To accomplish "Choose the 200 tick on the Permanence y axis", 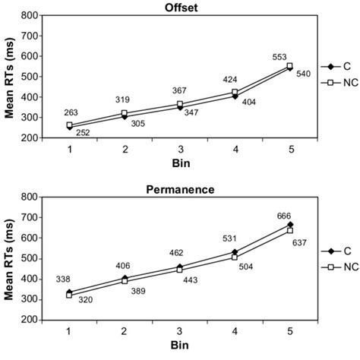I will coord(35,320).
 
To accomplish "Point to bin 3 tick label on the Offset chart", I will coord(180,149).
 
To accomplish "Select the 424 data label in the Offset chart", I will coord(231,79).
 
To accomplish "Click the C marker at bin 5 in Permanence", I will coord(289,225).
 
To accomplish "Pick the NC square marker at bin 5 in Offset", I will coord(289,65).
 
